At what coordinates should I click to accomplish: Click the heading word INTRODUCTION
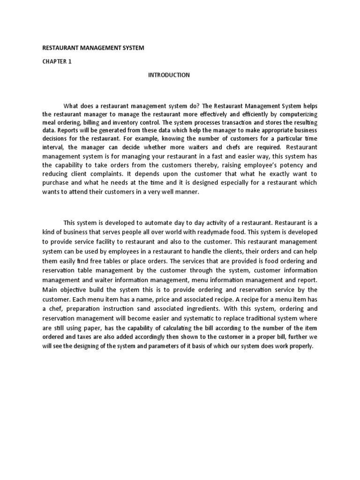(169, 75)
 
